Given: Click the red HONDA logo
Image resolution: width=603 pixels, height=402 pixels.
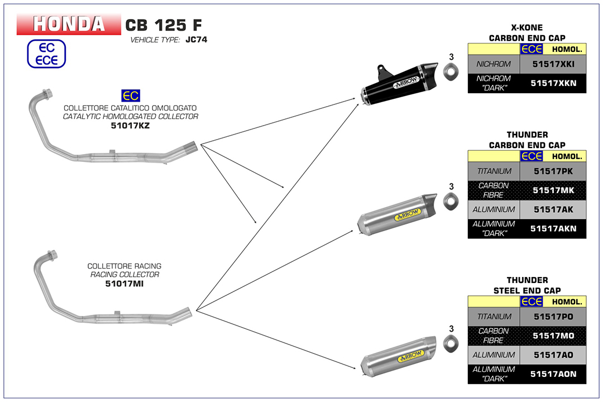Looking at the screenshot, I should [69, 25].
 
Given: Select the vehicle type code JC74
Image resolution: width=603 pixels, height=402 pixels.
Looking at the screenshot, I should [196, 40].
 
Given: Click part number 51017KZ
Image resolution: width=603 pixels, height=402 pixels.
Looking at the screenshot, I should [130, 126].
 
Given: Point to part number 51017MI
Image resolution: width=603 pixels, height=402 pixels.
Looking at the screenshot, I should [125, 284].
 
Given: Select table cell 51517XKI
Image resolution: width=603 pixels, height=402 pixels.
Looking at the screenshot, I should [553, 65].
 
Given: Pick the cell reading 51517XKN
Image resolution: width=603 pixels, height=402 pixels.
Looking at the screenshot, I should [553, 83].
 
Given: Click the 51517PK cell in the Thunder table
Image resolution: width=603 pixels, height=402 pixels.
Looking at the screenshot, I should [553, 171].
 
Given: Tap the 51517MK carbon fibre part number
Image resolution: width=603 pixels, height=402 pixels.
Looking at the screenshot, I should [553, 190].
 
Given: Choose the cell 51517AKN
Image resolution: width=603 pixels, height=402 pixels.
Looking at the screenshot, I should [553, 228].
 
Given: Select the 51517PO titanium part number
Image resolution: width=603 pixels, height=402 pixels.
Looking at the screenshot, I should [553, 317].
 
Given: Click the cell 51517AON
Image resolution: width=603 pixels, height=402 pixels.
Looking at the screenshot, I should [553, 374].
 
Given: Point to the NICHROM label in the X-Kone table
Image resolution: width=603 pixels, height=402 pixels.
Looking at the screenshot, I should [494, 65].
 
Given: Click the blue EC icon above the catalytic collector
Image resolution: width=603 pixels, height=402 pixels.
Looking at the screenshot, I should [130, 95].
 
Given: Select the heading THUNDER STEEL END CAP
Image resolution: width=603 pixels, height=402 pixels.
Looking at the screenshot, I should [527, 285].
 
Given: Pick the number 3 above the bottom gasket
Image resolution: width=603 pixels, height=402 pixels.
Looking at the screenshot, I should [451, 329].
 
